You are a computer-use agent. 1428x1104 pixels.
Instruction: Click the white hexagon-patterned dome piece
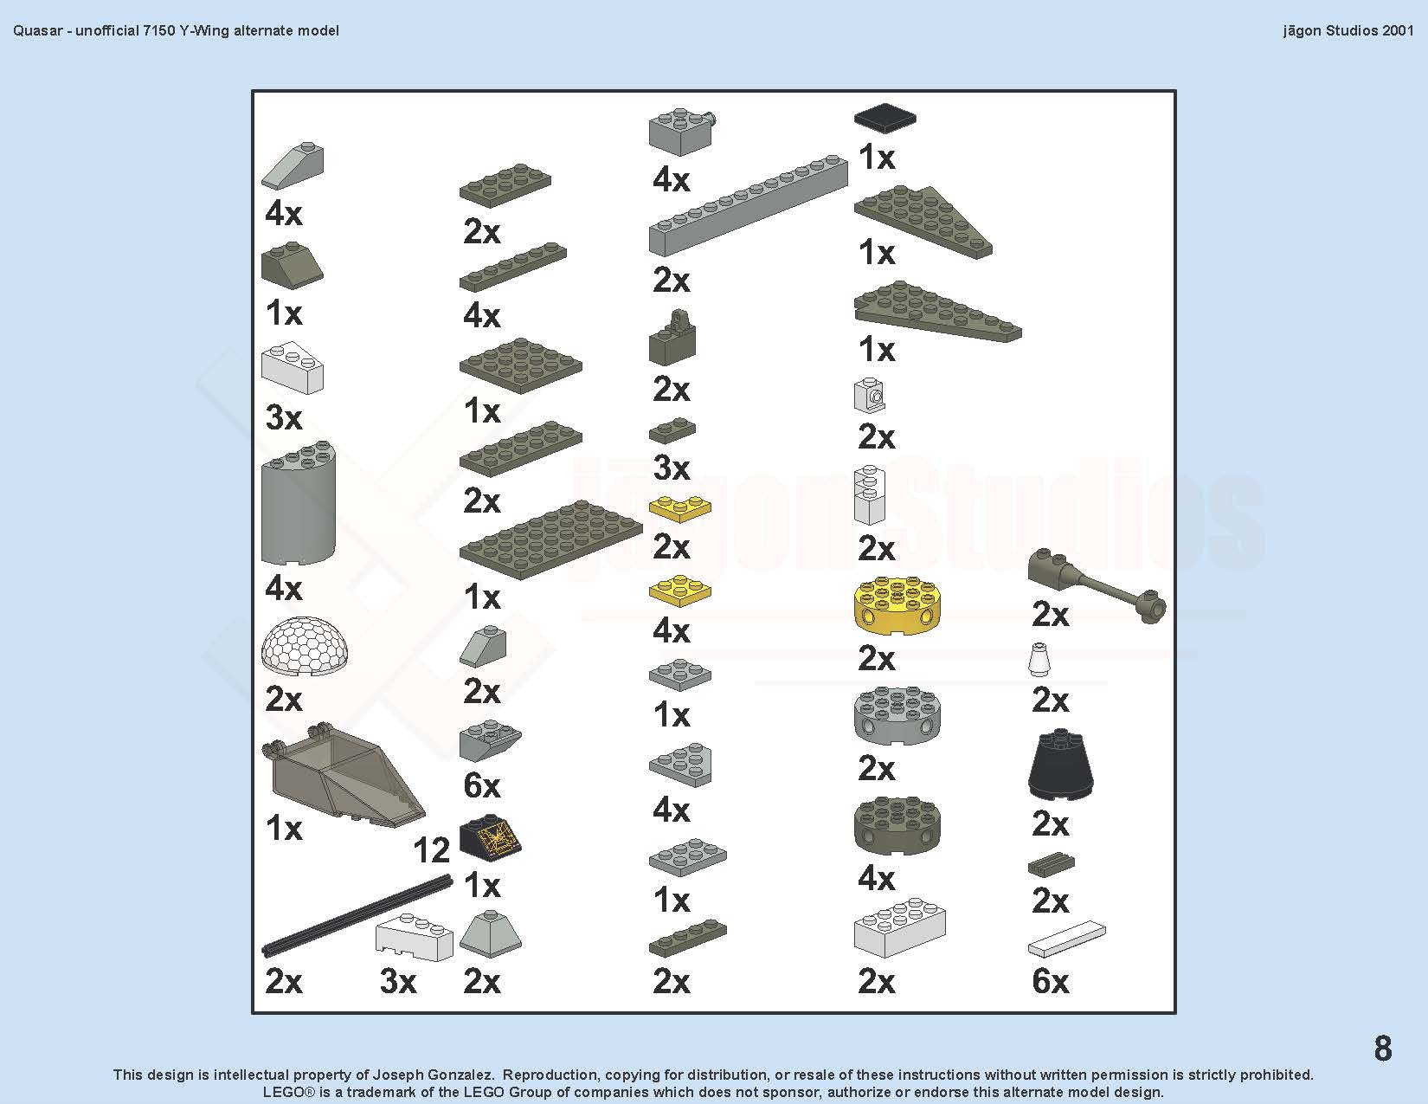(305, 646)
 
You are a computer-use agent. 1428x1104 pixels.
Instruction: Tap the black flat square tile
(884, 118)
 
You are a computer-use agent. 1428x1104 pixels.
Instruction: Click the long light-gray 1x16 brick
(748, 205)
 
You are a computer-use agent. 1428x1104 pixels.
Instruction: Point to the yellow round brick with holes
(897, 605)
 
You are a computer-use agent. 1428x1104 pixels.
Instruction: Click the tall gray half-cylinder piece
(299, 503)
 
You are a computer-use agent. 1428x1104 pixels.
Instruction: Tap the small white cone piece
(1039, 660)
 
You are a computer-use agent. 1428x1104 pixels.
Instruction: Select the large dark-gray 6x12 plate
(550, 539)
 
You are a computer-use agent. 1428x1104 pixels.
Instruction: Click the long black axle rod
(357, 915)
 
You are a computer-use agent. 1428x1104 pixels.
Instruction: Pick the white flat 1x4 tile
(1066, 939)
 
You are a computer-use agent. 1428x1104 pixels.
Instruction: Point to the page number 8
(1383, 1048)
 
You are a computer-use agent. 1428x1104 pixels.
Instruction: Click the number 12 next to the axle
(431, 850)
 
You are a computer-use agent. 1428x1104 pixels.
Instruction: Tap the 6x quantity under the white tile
(1050, 981)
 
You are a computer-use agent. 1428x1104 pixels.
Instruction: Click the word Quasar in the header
(37, 31)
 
